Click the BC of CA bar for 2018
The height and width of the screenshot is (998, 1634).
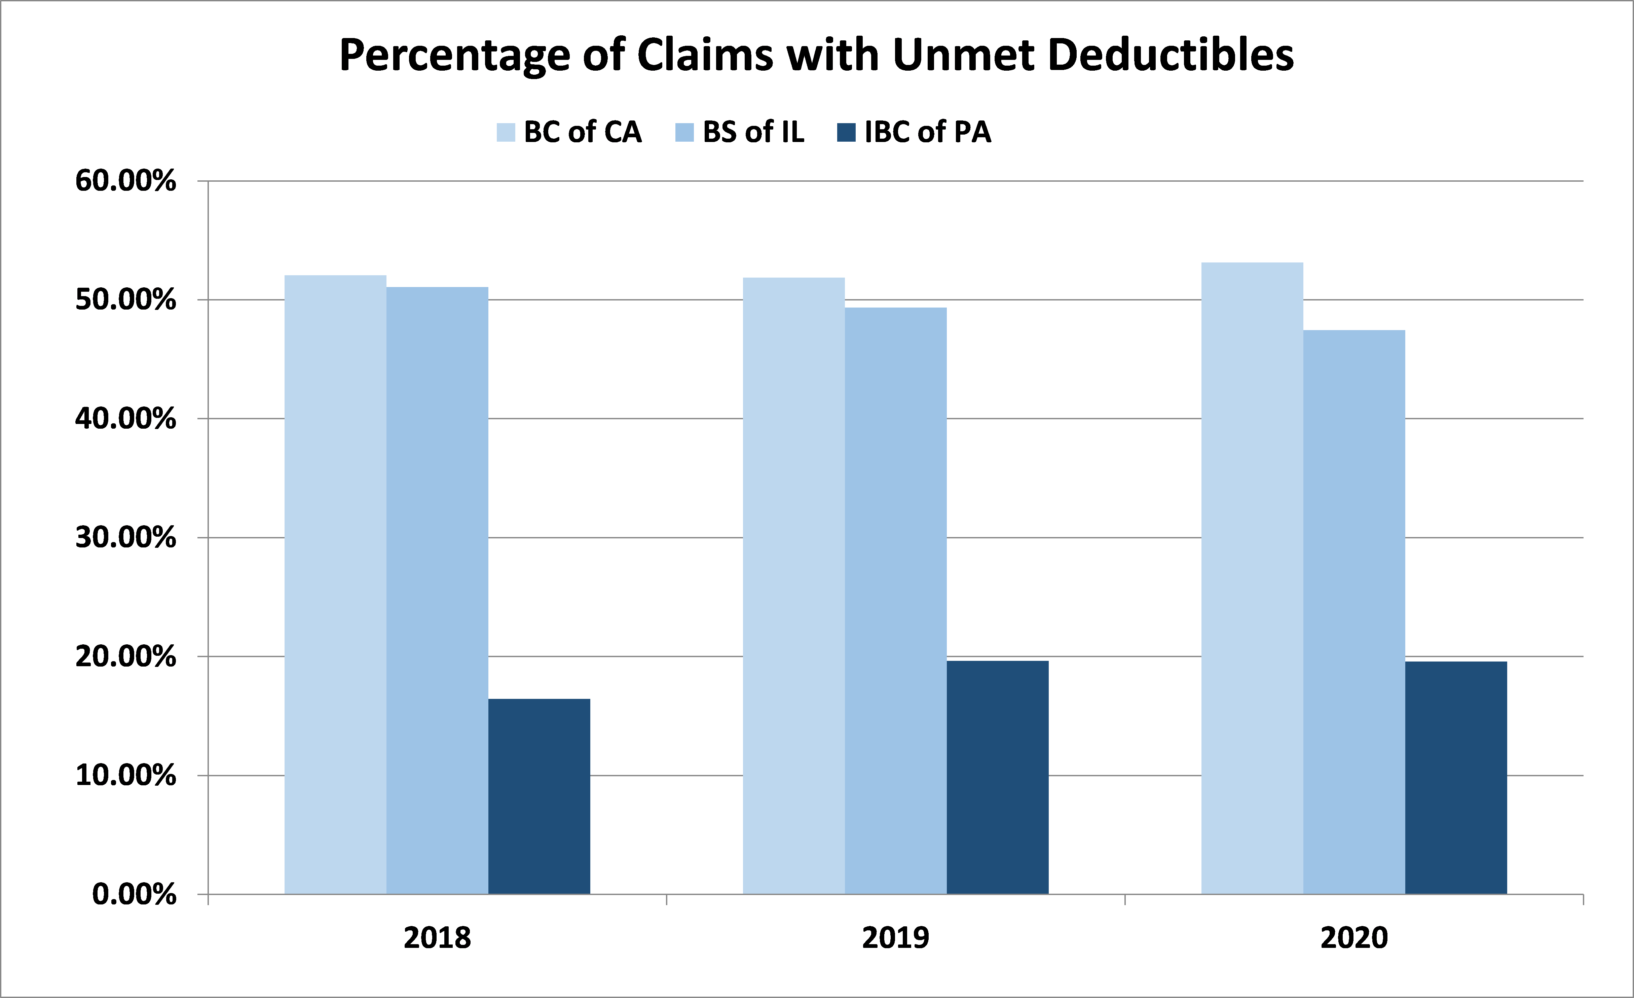[x=336, y=584]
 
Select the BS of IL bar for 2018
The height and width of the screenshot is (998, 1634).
[x=438, y=591]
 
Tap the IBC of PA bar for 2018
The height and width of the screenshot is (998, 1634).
[x=539, y=796]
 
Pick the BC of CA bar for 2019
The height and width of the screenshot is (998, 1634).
[x=794, y=586]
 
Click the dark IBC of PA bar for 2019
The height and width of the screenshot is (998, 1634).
[x=997, y=778]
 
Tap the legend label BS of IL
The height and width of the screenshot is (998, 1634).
[x=753, y=132]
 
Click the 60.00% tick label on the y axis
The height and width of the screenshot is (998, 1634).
[x=126, y=180]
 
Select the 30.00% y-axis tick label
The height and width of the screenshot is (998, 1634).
[x=126, y=537]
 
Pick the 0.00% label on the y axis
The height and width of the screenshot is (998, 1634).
[x=135, y=894]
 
